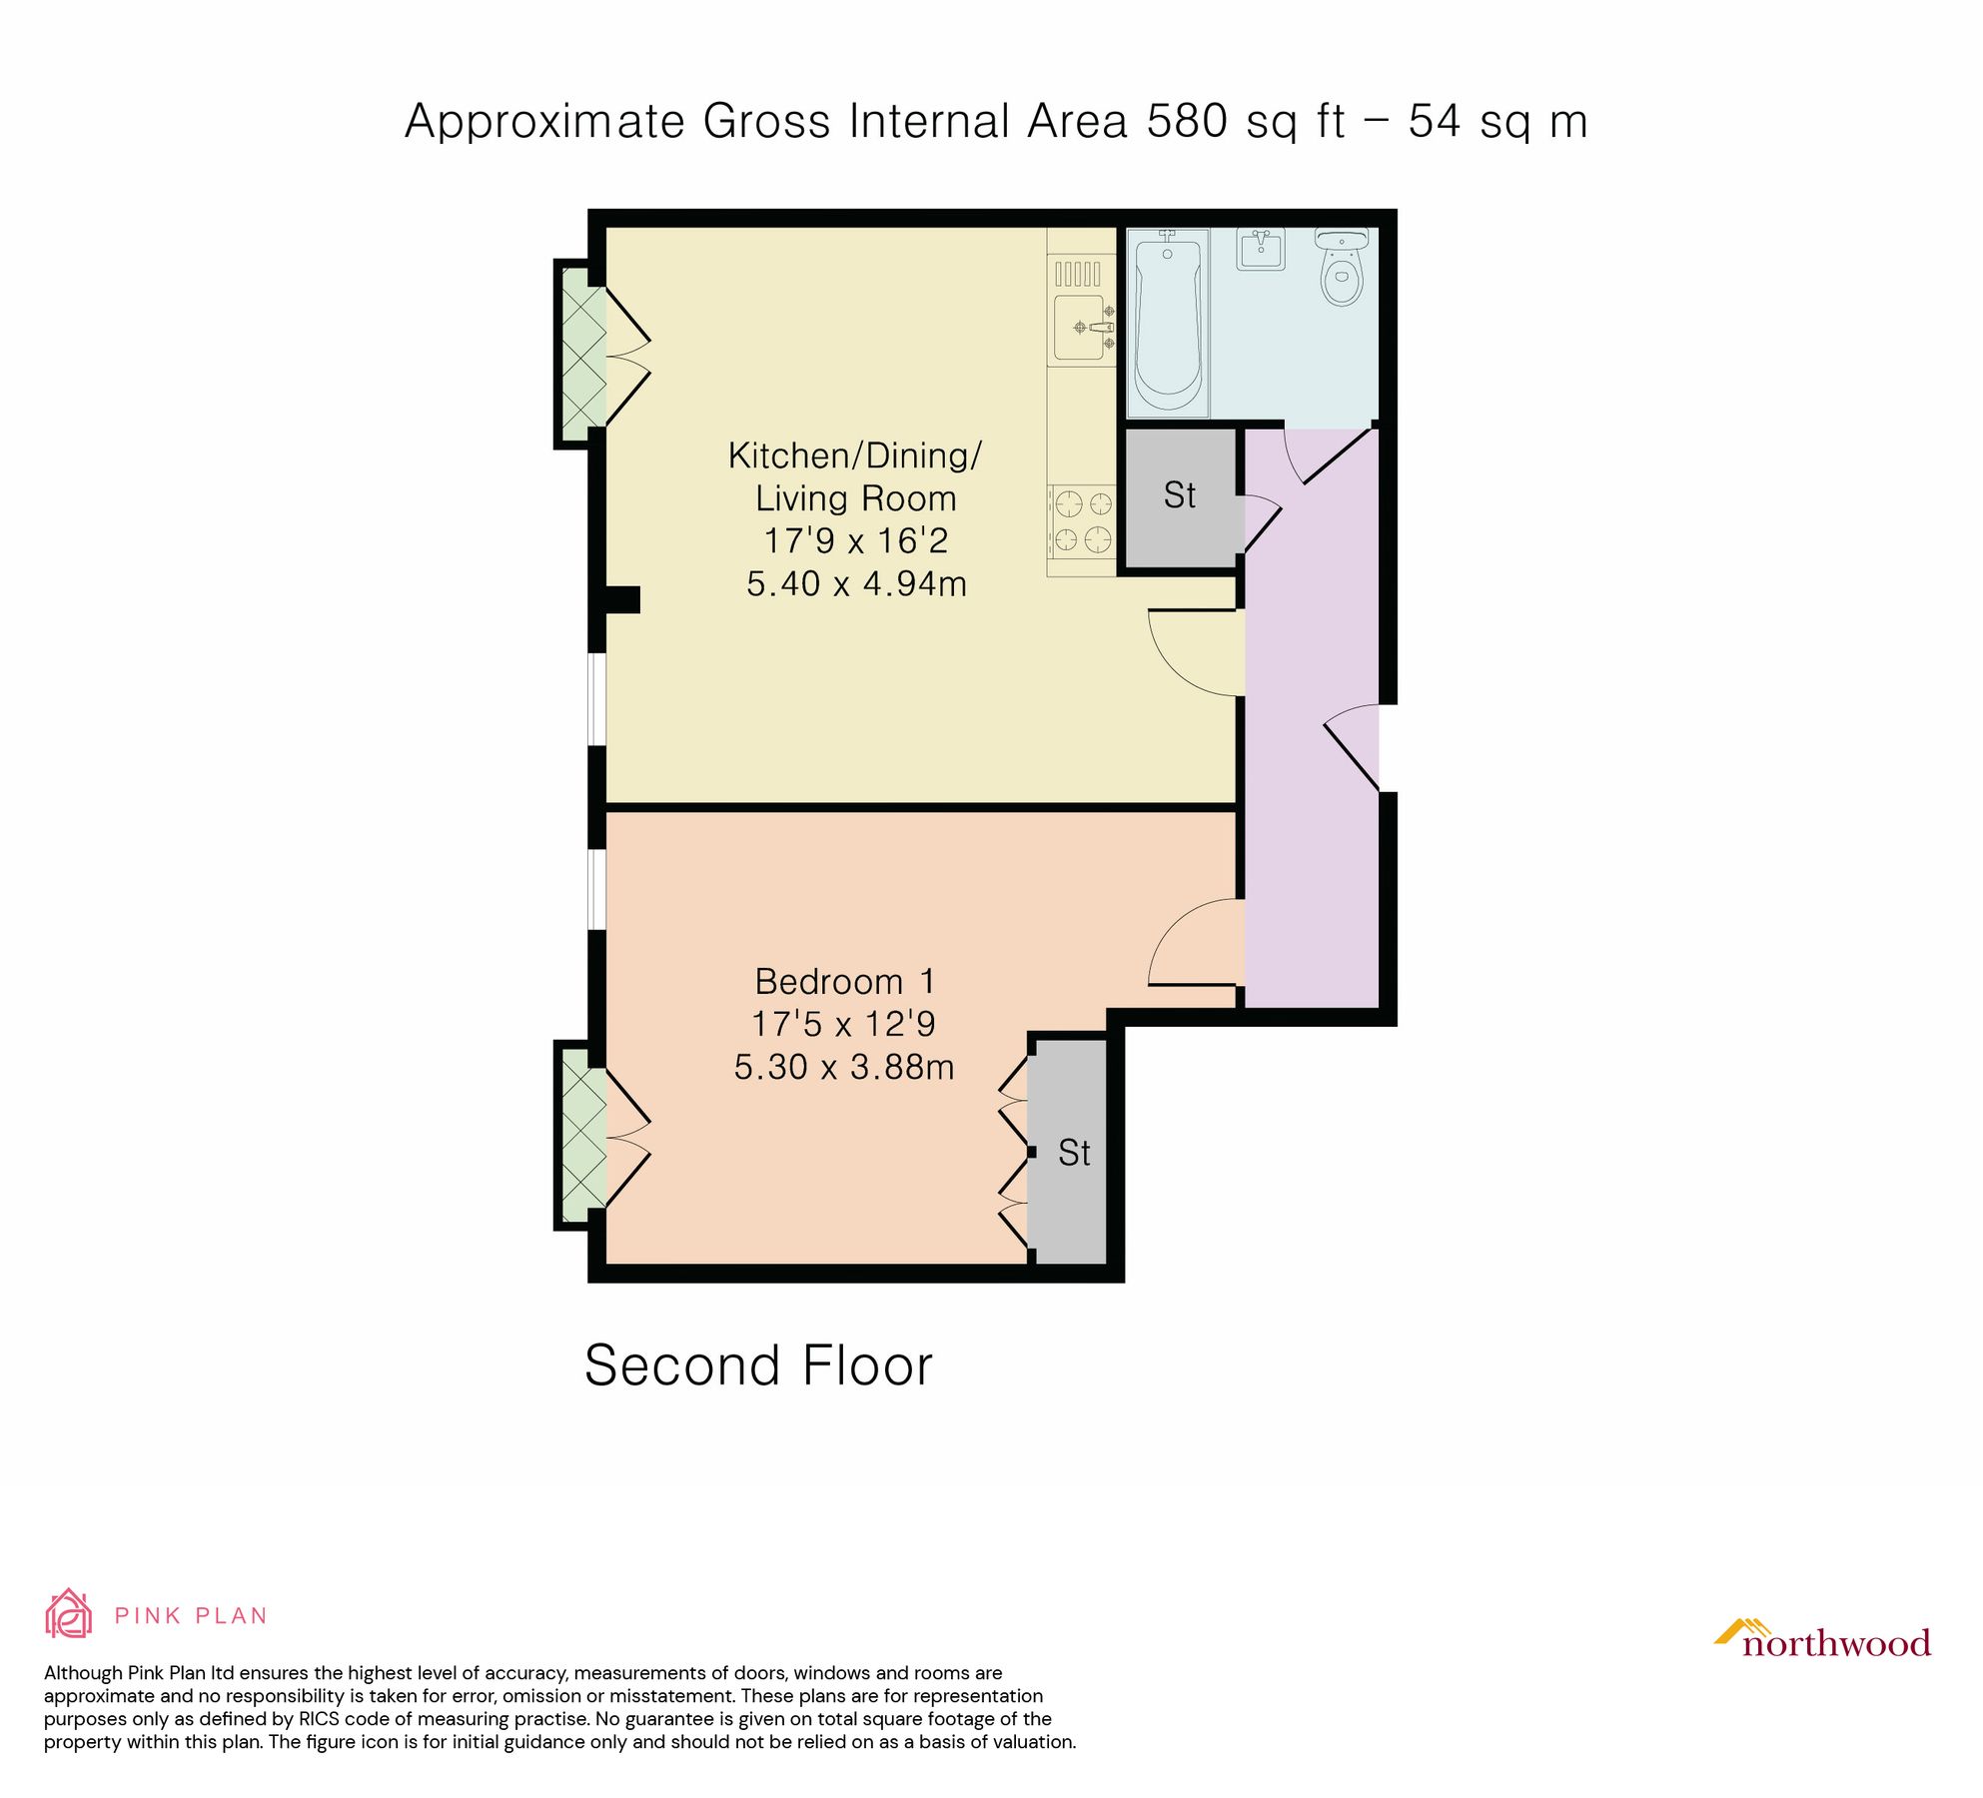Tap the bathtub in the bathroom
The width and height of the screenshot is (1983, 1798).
click(x=1167, y=322)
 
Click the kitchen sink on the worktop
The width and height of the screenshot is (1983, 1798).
click(x=1081, y=328)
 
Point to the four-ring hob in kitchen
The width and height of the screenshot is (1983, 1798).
click(x=1083, y=520)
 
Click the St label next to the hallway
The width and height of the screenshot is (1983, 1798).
click(x=1179, y=495)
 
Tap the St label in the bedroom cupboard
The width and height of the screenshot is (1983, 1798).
click(x=1074, y=1153)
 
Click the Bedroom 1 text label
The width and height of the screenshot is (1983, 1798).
click(x=844, y=981)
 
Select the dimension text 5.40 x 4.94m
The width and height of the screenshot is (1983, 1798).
click(x=856, y=583)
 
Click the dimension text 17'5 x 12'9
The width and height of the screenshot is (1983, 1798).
click(x=843, y=1024)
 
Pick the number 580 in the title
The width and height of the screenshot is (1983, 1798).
click(x=1187, y=122)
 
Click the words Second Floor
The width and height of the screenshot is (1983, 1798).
click(x=758, y=1365)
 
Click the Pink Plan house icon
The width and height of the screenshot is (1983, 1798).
click(x=68, y=1614)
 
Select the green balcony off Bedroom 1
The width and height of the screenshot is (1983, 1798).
click(x=582, y=1136)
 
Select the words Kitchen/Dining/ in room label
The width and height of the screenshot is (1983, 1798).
click(x=855, y=455)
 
